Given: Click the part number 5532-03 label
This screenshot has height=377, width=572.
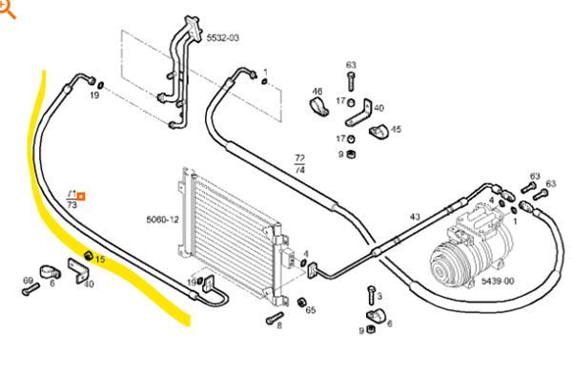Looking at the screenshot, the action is (223, 37).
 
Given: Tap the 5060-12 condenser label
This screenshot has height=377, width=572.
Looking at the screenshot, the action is (163, 220).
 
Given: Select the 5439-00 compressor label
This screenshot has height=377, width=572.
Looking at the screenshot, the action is (498, 281).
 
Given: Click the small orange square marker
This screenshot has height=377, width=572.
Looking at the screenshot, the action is (81, 197).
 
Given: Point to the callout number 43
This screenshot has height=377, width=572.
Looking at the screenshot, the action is (415, 217).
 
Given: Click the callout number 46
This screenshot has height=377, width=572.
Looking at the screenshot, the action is (317, 91).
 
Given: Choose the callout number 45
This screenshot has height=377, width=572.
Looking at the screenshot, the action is (396, 129).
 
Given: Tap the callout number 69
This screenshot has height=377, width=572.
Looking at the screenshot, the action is (28, 281).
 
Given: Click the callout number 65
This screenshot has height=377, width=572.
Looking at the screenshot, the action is (311, 310).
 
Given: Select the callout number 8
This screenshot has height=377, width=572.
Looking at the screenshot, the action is (279, 325).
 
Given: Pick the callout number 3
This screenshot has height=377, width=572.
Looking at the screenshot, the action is (379, 296).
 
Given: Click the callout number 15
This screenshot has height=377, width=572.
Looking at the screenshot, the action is (100, 259).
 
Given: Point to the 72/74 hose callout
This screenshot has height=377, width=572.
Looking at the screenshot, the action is (300, 164).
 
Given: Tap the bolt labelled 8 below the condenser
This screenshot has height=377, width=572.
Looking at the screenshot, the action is (275, 318).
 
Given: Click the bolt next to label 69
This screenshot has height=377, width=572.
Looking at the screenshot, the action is (31, 289).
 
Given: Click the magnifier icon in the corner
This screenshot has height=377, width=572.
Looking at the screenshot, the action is (8, 10).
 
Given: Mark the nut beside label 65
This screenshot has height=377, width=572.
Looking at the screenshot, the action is (301, 303).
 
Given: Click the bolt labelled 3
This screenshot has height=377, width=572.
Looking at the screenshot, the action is (372, 295).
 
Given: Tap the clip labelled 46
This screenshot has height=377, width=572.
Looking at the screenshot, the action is (318, 107).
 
